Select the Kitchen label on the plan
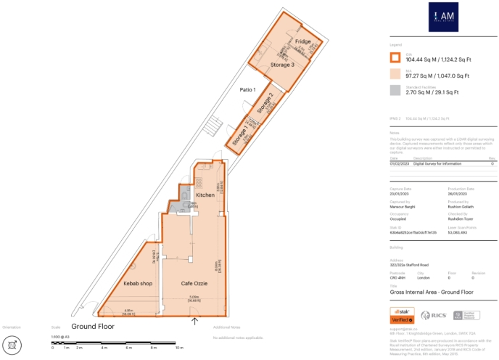[205, 196]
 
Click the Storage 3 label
[282, 65]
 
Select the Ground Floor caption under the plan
[92, 327]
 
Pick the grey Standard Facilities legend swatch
[395, 91]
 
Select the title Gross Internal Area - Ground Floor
[431, 291]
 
